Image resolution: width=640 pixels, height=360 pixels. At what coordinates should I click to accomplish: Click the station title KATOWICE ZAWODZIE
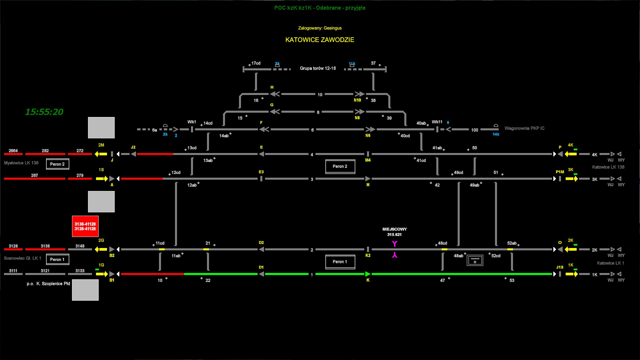[x=320, y=40]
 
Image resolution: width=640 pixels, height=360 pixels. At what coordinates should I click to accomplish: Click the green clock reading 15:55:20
[x=44, y=112]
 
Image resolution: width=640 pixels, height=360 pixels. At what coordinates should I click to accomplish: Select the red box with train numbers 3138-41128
[x=85, y=226]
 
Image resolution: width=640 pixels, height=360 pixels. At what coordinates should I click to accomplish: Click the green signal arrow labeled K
[x=368, y=274]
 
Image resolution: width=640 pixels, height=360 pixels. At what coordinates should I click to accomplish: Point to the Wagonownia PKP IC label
[x=524, y=128]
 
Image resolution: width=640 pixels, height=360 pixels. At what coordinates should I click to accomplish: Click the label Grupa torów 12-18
[x=318, y=68]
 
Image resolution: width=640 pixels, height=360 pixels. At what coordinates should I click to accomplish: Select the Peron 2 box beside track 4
[x=340, y=166]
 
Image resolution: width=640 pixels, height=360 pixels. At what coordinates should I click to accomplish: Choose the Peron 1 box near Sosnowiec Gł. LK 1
[x=57, y=259]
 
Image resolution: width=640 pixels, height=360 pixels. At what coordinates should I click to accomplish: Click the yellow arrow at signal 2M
[x=101, y=154]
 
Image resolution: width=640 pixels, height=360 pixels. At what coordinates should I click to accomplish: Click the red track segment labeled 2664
[x=13, y=154]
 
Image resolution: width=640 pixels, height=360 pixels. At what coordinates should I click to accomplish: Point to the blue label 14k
[x=496, y=134]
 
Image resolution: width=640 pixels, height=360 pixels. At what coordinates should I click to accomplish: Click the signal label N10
[x=357, y=100]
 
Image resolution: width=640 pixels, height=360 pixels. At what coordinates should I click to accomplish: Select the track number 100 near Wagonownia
[x=475, y=130]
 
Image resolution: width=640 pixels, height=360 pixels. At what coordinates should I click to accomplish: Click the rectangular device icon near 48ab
[x=475, y=260]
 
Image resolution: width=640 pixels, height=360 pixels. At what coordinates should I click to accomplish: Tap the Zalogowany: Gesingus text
[x=320, y=28]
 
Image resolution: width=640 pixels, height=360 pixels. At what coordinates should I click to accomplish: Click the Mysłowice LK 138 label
[x=21, y=163]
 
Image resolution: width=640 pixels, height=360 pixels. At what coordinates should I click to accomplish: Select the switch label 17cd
[x=256, y=63]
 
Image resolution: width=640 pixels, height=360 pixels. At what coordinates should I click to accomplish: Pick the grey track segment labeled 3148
[x=80, y=249]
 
